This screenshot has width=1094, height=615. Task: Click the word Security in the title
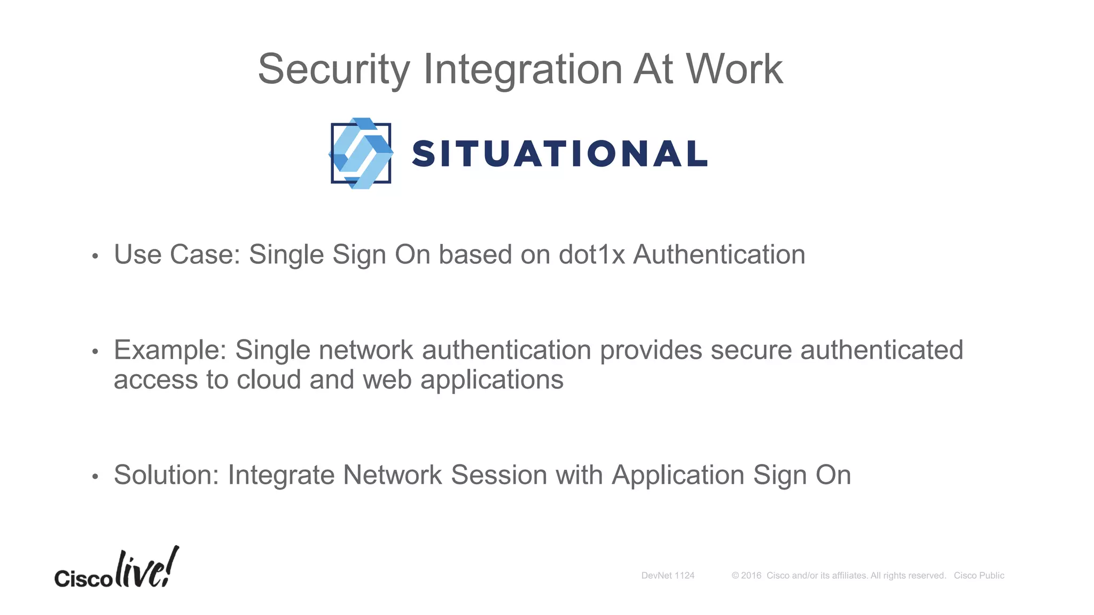click(334, 70)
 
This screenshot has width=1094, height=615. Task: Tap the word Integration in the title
click(522, 70)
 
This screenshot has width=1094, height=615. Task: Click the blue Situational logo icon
click(361, 153)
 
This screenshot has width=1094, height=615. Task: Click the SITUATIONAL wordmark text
click(559, 154)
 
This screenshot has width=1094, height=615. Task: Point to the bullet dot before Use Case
click(95, 256)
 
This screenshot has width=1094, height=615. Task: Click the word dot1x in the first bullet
click(591, 255)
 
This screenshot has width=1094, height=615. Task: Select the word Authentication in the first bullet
click(719, 255)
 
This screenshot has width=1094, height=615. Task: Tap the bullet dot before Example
click(95, 352)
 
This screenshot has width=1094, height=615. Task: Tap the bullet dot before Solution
click(95, 477)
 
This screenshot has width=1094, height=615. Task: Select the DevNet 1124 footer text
click(668, 575)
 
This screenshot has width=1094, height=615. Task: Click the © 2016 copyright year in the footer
click(747, 575)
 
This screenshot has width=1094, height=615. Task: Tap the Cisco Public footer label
click(979, 575)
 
